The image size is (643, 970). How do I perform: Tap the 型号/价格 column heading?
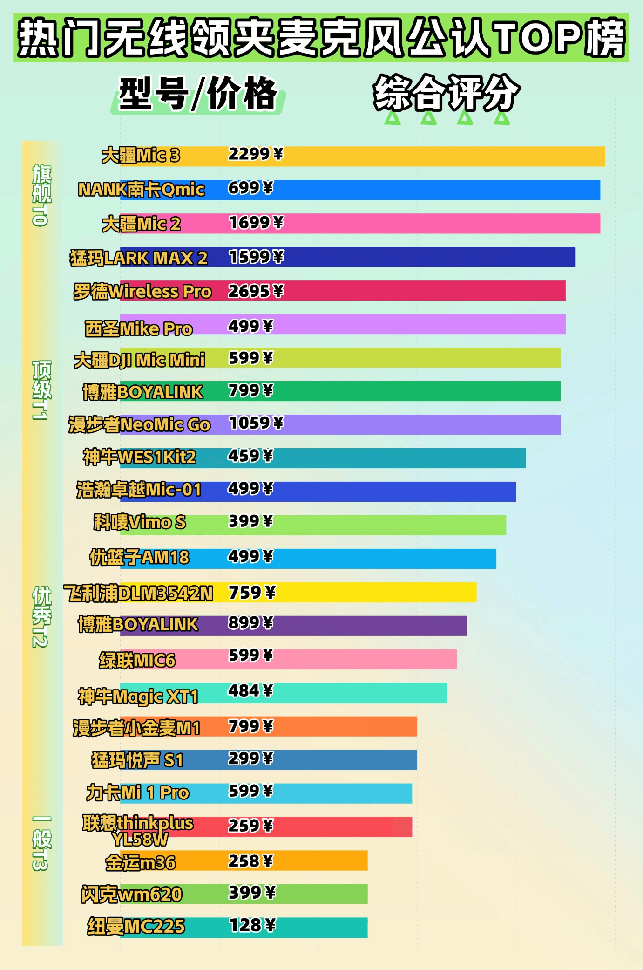point(198,94)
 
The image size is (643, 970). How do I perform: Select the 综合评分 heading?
point(446,93)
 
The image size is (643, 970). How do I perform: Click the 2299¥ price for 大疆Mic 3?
point(255,154)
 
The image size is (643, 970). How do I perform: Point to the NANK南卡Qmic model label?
point(141,190)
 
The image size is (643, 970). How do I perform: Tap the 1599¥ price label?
point(256,257)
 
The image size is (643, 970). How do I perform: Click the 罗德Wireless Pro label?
point(142,292)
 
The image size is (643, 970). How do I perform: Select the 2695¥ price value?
point(255,291)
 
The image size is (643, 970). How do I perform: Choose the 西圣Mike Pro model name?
point(138,329)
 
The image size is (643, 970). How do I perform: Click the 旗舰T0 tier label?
point(41,196)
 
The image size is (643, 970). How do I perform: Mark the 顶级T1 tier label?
point(41,390)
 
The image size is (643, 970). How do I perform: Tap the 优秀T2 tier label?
point(41,617)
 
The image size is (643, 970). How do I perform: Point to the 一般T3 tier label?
point(41,843)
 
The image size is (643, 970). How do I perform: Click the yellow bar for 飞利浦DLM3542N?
point(372,592)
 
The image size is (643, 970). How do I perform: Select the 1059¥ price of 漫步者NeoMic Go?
point(256,423)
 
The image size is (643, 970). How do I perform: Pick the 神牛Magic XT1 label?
point(138,697)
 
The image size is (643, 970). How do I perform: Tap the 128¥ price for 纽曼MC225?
point(252,925)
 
